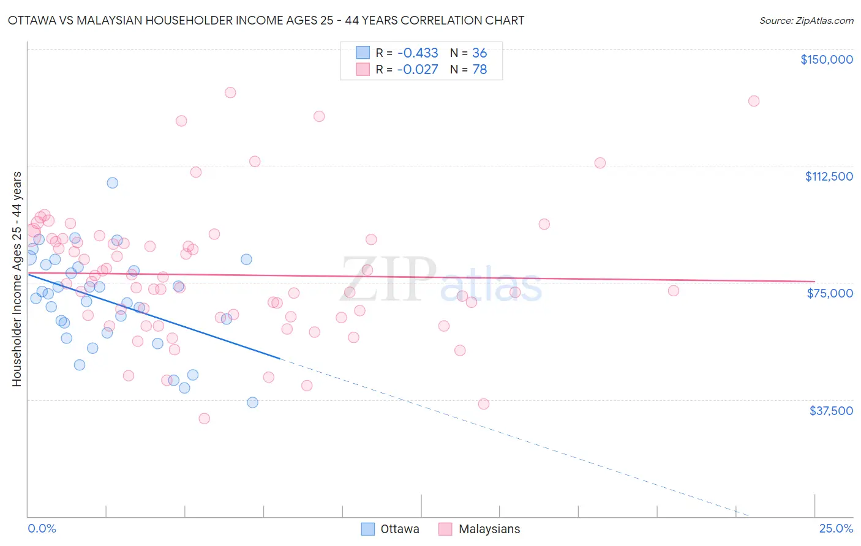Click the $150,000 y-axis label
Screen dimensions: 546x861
click(826, 59)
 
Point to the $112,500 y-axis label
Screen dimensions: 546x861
click(829, 176)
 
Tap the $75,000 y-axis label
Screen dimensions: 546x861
click(830, 293)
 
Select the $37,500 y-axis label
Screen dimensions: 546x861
click(831, 411)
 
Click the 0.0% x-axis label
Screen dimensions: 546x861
click(42, 529)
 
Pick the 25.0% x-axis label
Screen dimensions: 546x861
click(836, 529)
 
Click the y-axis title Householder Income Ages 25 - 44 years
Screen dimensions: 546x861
click(17, 279)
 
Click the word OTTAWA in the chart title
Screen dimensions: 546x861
click(31, 20)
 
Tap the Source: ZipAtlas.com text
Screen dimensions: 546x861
click(806, 20)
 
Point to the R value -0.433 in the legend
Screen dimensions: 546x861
click(418, 53)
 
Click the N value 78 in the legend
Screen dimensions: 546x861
click(479, 70)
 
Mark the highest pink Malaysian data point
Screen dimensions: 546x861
click(230, 92)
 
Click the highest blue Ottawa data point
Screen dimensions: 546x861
click(112, 182)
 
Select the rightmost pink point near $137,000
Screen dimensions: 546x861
click(754, 101)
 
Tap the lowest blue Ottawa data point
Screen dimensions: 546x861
click(252, 402)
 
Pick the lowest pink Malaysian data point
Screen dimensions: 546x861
click(204, 419)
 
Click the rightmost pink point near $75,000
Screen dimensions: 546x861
click(674, 291)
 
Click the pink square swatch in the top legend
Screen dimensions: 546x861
click(363, 70)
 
